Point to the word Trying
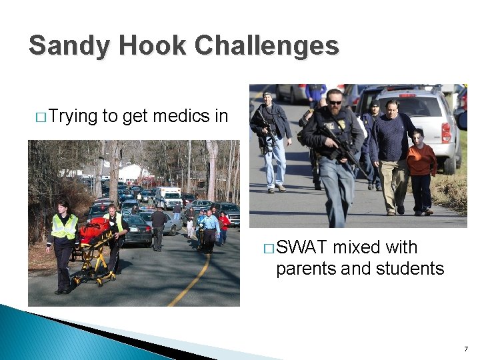pos(73,117)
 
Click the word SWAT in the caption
pos(302,247)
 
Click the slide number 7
pos(465,349)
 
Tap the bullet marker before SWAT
pos(268,248)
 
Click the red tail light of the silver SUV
pos(446,132)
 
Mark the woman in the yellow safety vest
pos(63,243)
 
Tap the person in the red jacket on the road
pos(225,226)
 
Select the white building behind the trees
pos(130,172)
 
